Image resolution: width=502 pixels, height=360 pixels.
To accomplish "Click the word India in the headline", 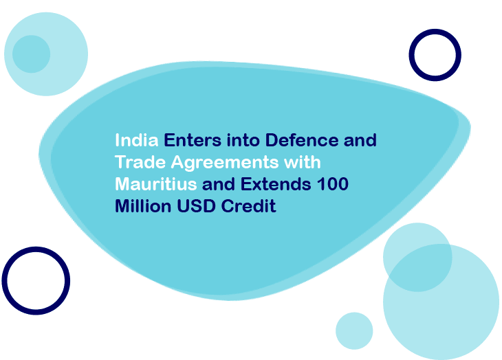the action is [x=137, y=140].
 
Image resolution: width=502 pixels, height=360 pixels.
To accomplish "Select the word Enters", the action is [x=193, y=140].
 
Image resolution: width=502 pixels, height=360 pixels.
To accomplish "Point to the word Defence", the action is [x=302, y=140].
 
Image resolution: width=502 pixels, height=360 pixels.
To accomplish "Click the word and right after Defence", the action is [x=360, y=141].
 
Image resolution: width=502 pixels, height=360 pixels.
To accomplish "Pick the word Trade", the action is [x=140, y=162].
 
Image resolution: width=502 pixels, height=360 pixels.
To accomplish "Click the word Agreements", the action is [x=225, y=163].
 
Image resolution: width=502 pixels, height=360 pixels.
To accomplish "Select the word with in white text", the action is [x=303, y=162].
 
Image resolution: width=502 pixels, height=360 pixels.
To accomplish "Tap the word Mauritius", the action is [x=156, y=184].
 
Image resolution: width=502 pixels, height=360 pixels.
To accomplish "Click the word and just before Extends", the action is [x=219, y=185].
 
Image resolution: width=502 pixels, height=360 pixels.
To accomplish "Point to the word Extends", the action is [x=276, y=184].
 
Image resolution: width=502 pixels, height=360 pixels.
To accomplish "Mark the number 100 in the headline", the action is [x=333, y=184].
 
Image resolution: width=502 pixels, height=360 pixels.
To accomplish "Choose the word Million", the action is [x=143, y=206].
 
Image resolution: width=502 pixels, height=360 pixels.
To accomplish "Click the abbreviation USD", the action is [x=196, y=206].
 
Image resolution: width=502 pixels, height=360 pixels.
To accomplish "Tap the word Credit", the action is [x=248, y=206].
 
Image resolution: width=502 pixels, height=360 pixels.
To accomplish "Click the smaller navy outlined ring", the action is [x=411, y=55].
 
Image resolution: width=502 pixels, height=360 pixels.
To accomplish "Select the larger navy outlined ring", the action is [x=4, y=281].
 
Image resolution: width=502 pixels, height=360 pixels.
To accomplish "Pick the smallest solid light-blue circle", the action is [x=354, y=331].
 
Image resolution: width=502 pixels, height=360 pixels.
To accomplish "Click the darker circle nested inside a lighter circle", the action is [x=32, y=54].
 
